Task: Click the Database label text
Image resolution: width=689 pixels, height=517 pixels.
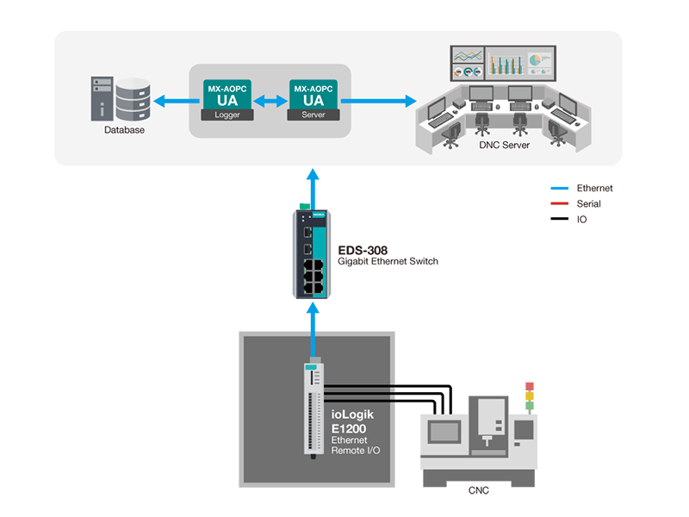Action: [x=124, y=131]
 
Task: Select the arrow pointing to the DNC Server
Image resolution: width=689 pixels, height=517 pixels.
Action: [x=378, y=101]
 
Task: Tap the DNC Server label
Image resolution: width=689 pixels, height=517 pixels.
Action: [x=504, y=146]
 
